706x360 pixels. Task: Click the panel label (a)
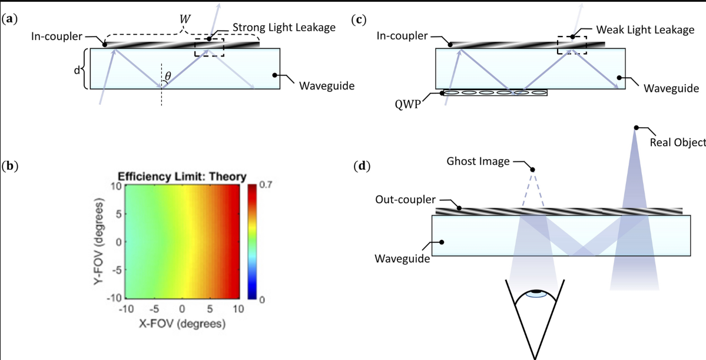tap(9, 19)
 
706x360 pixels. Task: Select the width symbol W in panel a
tap(185, 18)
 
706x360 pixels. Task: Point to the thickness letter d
tap(77, 70)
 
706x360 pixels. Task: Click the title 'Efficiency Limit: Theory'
tap(182, 176)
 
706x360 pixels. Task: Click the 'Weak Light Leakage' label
tap(645, 29)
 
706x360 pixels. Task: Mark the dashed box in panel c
tap(572, 45)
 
